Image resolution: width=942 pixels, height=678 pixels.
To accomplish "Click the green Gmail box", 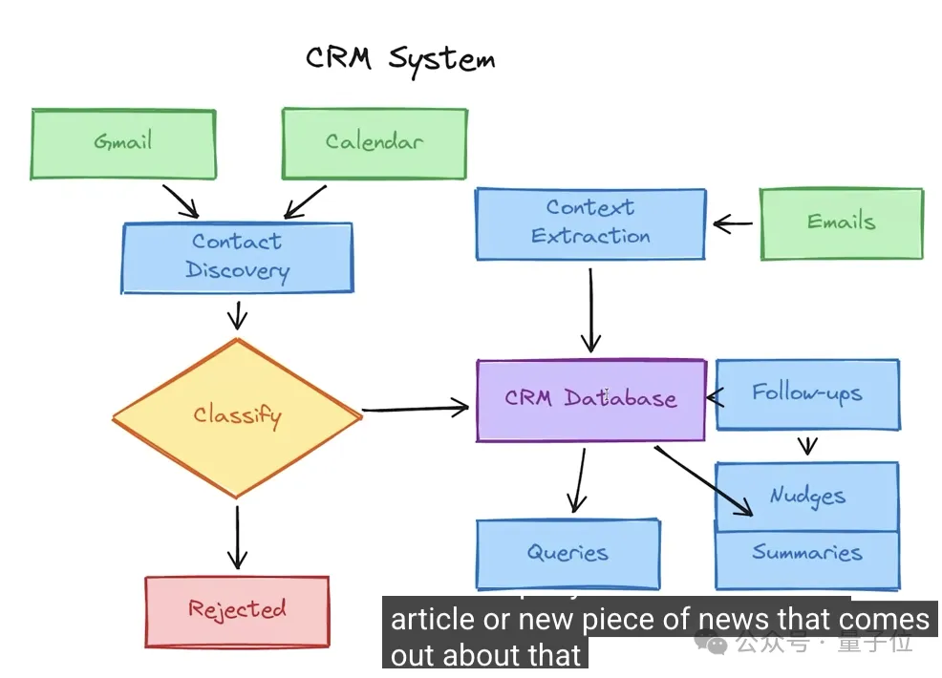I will click(123, 143).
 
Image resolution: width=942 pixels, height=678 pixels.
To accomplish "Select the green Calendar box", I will click(374, 143).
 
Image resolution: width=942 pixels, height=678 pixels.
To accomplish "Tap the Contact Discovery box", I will click(236, 257).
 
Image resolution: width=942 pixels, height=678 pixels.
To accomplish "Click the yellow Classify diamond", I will click(237, 416).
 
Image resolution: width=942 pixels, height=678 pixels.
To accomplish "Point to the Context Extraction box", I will click(590, 223).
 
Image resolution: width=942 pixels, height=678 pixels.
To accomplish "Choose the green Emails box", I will click(841, 223).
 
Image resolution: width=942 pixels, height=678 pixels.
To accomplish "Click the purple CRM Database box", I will click(590, 399).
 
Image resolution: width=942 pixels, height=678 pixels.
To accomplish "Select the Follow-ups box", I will click(807, 393).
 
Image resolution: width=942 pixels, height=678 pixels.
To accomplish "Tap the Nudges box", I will click(807, 496).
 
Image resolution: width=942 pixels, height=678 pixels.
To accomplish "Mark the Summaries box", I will click(807, 554).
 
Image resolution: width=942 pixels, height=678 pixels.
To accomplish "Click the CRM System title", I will click(400, 59).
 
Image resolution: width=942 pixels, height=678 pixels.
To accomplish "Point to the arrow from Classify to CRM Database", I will click(416, 410).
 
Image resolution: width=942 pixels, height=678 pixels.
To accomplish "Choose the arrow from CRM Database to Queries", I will click(577, 481).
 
